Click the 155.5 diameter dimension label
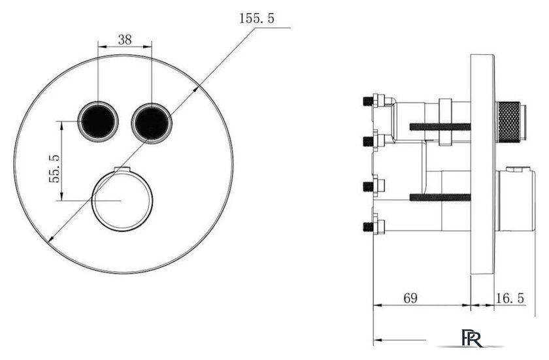pos(257,18)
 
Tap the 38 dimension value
pos(125,40)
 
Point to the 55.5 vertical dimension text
pos(55,169)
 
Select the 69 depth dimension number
pos(410,298)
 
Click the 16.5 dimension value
pos(510,298)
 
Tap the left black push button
pos(98,122)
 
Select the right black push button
pos(151,123)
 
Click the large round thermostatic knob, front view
pos(122,201)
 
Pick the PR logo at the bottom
pos(471,338)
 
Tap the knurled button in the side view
pos(510,121)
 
